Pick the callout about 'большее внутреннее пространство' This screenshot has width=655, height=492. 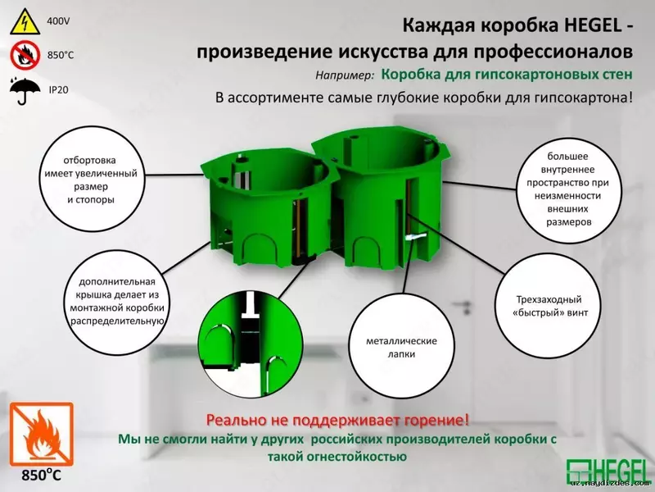coord(567,189)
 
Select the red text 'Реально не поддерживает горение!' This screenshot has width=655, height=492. coord(338,421)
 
